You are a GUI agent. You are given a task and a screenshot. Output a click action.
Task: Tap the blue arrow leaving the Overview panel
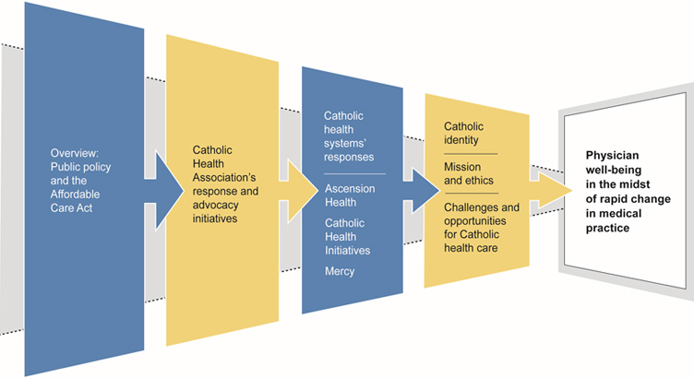coord(161,189)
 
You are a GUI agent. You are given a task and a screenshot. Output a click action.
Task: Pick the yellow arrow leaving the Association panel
coord(294,189)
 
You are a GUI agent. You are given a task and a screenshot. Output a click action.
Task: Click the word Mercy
coord(341,272)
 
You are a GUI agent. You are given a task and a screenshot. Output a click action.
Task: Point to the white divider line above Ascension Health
coord(353,173)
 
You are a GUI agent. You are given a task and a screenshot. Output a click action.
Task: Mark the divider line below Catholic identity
coord(471,153)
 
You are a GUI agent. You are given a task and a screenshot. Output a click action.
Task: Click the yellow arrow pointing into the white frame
coord(549,192)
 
